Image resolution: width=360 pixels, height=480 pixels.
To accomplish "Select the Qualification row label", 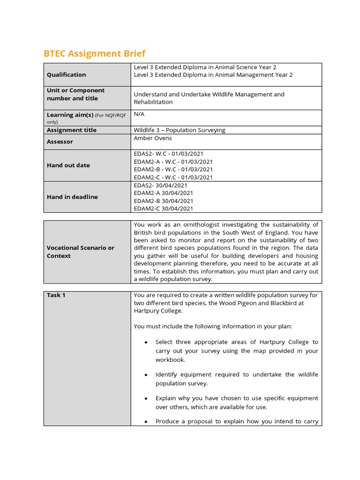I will pyautogui.click(x=66, y=75).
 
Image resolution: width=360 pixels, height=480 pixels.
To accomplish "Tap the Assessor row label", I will pyautogui.click(x=60, y=142).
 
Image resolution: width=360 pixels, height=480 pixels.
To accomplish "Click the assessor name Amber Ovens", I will pyautogui.click(x=153, y=138).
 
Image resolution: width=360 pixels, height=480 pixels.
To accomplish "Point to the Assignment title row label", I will pyautogui.click(x=71, y=130).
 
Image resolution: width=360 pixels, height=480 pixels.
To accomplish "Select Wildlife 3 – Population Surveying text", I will pyautogui.click(x=180, y=130).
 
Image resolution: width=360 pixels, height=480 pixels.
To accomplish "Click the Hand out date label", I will pyautogui.click(x=68, y=165).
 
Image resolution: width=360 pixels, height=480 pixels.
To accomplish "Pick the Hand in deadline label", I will pyautogui.click(x=72, y=197).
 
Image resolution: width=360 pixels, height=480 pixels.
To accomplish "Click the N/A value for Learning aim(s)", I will pyautogui.click(x=139, y=114).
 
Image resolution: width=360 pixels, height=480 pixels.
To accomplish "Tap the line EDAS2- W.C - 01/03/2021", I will pyautogui.click(x=168, y=153).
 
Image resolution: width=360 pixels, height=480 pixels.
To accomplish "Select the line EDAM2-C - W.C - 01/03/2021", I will pyautogui.click(x=173, y=177).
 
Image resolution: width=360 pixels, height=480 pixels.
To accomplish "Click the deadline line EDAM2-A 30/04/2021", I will pyautogui.click(x=163, y=193).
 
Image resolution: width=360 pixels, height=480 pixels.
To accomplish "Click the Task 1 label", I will pyautogui.click(x=56, y=295).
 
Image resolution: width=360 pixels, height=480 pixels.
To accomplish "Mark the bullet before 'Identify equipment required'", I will pyautogui.click(x=146, y=375).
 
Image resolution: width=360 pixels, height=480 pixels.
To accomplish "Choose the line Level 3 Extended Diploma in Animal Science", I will pyautogui.click(x=208, y=67).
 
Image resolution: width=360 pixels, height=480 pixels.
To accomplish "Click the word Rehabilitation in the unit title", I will pyautogui.click(x=153, y=102).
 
